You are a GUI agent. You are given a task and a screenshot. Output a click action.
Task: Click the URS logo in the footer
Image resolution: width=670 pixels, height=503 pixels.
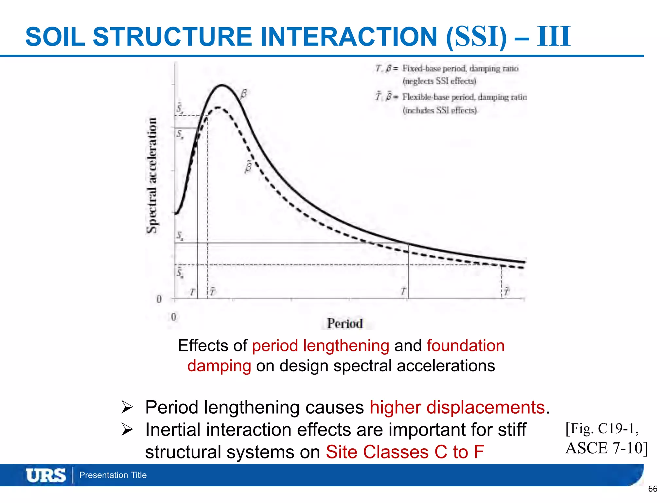coord(46,475)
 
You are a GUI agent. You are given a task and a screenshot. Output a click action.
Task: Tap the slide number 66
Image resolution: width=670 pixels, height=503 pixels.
coord(652,489)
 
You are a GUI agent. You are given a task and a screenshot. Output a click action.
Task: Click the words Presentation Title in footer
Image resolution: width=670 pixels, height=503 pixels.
coord(113,475)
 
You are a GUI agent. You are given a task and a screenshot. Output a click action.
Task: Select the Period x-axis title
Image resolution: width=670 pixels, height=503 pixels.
coord(345,324)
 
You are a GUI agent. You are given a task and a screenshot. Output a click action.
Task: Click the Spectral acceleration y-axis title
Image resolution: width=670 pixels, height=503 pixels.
coord(151,175)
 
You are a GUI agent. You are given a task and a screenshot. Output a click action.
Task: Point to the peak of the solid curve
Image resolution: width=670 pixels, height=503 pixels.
coord(222,85)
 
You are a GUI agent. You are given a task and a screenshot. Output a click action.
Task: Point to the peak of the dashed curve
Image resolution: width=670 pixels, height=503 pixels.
coord(218,107)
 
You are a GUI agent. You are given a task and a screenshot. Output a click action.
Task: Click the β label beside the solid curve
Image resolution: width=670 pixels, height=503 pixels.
coord(243,94)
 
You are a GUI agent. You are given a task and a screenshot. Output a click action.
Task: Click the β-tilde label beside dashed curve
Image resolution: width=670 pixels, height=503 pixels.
coord(248,167)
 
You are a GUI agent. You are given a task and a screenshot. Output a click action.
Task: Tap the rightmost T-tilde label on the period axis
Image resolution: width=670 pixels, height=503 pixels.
coord(506,291)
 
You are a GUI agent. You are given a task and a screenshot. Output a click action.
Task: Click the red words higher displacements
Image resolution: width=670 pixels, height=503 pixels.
coord(457,407)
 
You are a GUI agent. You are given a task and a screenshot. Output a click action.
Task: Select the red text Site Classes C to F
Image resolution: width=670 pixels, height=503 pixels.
coord(405,452)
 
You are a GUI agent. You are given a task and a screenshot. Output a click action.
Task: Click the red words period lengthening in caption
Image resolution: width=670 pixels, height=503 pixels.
coord(320,346)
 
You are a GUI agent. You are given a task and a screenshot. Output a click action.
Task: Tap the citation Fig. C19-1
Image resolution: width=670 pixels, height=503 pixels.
coord(602,429)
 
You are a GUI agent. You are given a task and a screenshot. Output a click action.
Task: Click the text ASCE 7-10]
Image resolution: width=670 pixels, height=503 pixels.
coord(606,448)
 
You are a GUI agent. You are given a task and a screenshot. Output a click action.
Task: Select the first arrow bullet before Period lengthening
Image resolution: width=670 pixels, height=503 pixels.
coord(127,407)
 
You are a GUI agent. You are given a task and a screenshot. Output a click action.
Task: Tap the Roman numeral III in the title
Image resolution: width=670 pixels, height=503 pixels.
coord(554,37)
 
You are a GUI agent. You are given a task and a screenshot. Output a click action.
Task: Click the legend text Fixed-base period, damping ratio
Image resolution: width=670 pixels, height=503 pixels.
coord(460,68)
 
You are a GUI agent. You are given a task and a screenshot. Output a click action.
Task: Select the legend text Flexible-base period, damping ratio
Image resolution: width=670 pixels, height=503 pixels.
coord(464,97)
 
